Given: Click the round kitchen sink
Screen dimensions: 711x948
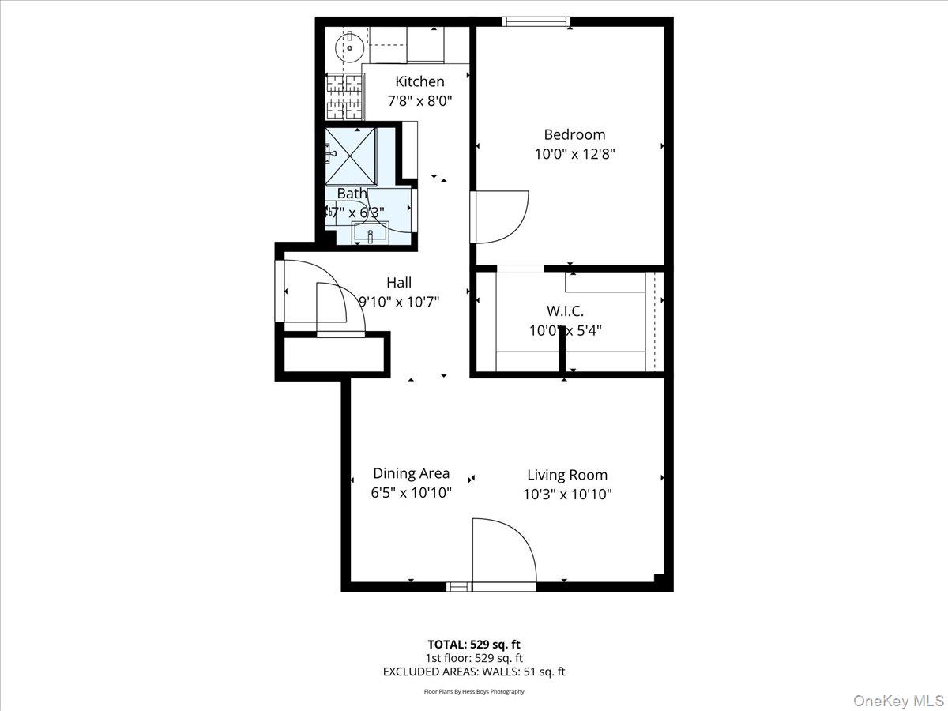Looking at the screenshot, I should (x=348, y=47).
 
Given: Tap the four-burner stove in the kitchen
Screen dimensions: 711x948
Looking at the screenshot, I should (x=344, y=96).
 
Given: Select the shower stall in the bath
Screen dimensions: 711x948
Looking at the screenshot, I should (x=352, y=155).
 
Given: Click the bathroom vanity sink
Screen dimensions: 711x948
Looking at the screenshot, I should (x=370, y=232).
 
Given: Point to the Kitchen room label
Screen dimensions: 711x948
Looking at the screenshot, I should (x=419, y=81).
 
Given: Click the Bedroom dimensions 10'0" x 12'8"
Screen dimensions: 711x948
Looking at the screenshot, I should (x=574, y=155).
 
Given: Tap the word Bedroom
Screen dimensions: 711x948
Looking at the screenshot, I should (x=574, y=135).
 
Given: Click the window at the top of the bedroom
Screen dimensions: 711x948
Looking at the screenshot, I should (x=536, y=21).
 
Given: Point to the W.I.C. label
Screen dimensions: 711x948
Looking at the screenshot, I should (x=565, y=311).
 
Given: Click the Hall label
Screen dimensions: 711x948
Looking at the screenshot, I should (x=399, y=283).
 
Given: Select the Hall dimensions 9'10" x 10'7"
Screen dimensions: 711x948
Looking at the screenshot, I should (x=399, y=302).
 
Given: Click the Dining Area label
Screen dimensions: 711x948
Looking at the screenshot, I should (x=411, y=473).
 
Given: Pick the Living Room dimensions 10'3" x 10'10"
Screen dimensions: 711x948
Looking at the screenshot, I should (x=567, y=495).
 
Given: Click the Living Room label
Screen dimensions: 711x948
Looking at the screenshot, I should (x=567, y=475).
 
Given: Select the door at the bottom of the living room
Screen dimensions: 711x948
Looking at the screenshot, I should (x=503, y=553).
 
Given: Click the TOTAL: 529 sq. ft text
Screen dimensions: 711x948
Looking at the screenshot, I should (x=474, y=644).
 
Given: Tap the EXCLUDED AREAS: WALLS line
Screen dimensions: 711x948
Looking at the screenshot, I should (x=474, y=671).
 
